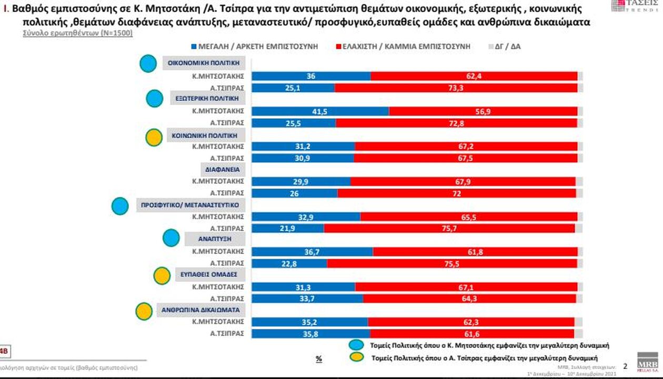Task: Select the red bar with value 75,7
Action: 449,228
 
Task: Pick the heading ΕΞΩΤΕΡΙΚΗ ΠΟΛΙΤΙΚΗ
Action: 207,98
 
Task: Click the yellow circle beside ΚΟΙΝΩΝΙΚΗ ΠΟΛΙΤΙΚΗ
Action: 153,137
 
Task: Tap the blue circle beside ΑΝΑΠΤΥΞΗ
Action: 172,238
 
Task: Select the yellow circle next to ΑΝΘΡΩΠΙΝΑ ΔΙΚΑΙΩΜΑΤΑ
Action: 144,311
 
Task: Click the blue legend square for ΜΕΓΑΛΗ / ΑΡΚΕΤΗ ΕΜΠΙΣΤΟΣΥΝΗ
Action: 194,47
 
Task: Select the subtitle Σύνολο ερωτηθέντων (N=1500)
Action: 77,33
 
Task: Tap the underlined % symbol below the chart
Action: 318,359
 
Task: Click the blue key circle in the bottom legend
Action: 357,345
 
